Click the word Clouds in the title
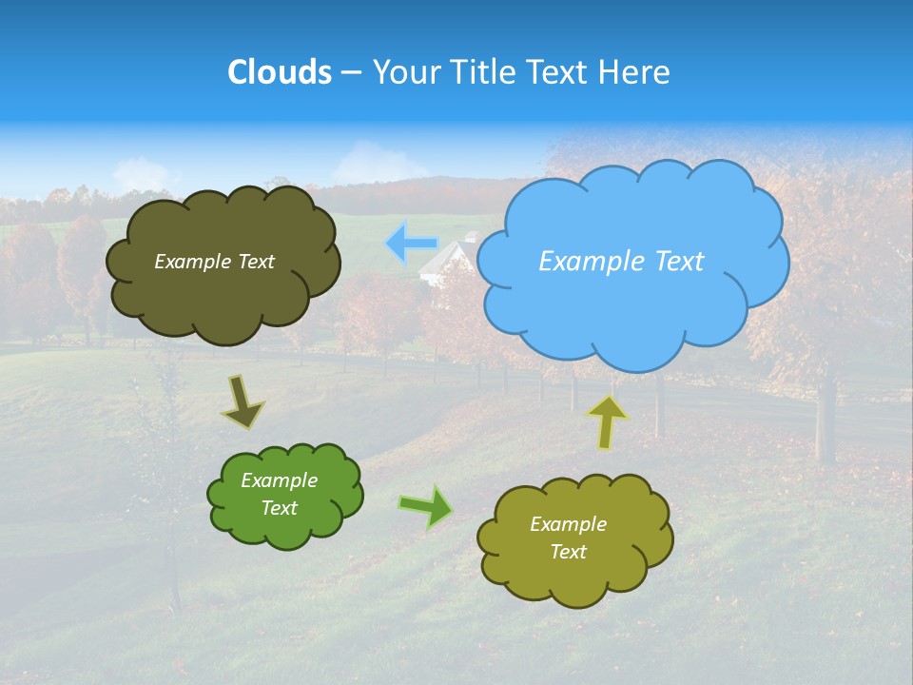pos(280,72)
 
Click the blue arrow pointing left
pos(411,244)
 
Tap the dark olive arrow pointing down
pos(243,401)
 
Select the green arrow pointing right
pos(426,506)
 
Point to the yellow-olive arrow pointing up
pos(607,421)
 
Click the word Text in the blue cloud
pos(673,262)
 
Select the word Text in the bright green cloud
pos(280,508)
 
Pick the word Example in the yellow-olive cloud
pos(568,524)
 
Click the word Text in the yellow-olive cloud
pos(568,552)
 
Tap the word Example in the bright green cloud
pos(280,480)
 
